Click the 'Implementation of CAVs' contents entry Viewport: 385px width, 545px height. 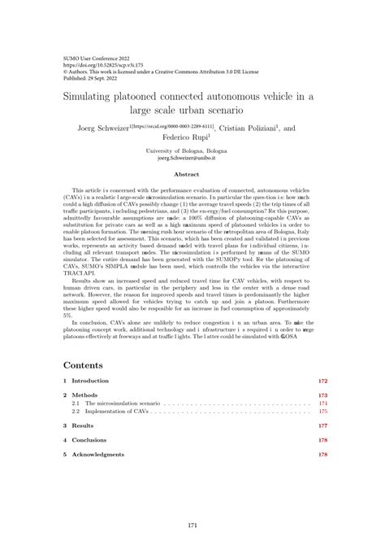point(115,412)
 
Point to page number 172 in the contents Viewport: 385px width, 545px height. point(322,381)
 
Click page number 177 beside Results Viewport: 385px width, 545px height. point(322,425)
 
